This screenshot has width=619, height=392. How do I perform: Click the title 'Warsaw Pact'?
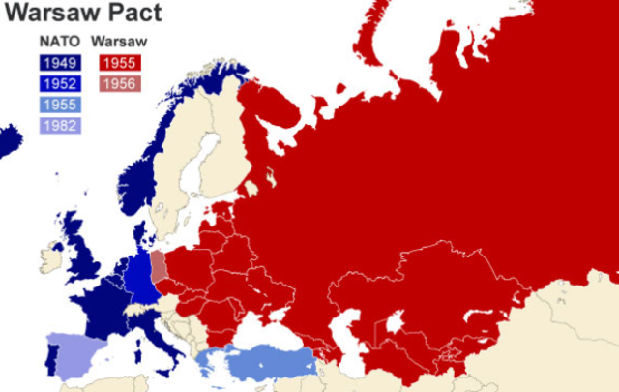pos(82,14)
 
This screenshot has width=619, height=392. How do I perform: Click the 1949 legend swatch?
pos(59,63)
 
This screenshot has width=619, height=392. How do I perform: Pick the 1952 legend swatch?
pos(59,83)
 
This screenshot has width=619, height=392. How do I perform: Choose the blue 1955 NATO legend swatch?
pos(59,104)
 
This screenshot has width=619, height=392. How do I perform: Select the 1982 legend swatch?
pos(59,124)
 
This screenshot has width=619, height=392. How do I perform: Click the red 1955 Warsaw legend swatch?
pos(119,63)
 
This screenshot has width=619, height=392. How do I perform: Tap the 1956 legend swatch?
pos(119,83)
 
